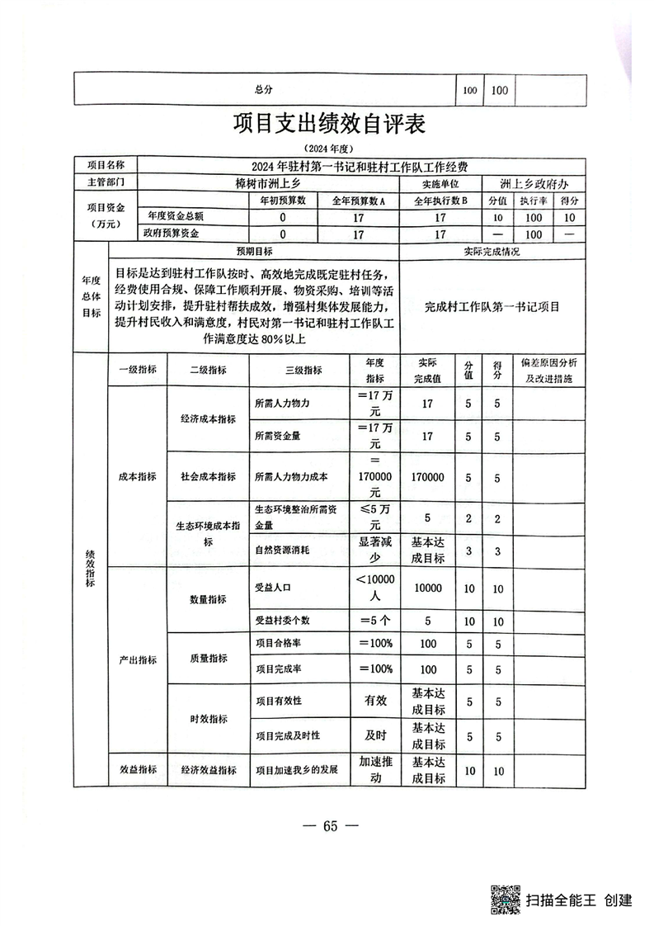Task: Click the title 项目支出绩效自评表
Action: pyautogui.click(x=328, y=125)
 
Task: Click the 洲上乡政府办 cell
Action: pyautogui.click(x=537, y=183)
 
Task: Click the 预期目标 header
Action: pyautogui.click(x=255, y=251)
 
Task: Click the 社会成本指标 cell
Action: pyautogui.click(x=208, y=476)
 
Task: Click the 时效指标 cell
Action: pyautogui.click(x=208, y=719)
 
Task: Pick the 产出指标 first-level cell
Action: pyautogui.click(x=136, y=660)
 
